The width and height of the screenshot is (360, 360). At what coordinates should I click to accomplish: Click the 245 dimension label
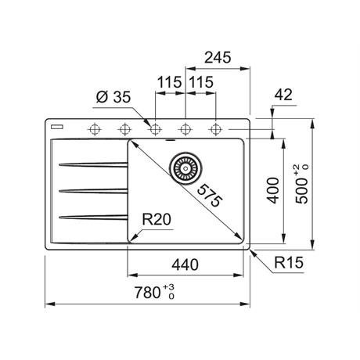coord(218,57)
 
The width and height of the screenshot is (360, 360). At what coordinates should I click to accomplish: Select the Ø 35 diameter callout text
coord(113,97)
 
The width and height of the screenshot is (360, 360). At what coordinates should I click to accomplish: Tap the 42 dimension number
coord(283,95)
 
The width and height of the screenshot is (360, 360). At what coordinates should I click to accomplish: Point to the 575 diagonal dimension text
coord(210,196)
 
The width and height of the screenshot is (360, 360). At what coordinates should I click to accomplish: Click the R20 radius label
coord(157,219)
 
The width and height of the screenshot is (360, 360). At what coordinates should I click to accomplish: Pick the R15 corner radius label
coord(289,262)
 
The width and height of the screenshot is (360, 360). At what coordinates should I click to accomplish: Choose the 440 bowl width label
coord(185,265)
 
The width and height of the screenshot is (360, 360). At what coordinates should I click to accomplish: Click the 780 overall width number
coord(147,292)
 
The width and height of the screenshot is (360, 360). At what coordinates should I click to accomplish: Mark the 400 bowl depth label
coord(273,190)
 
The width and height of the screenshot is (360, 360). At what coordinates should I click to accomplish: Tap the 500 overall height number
coord(302,190)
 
